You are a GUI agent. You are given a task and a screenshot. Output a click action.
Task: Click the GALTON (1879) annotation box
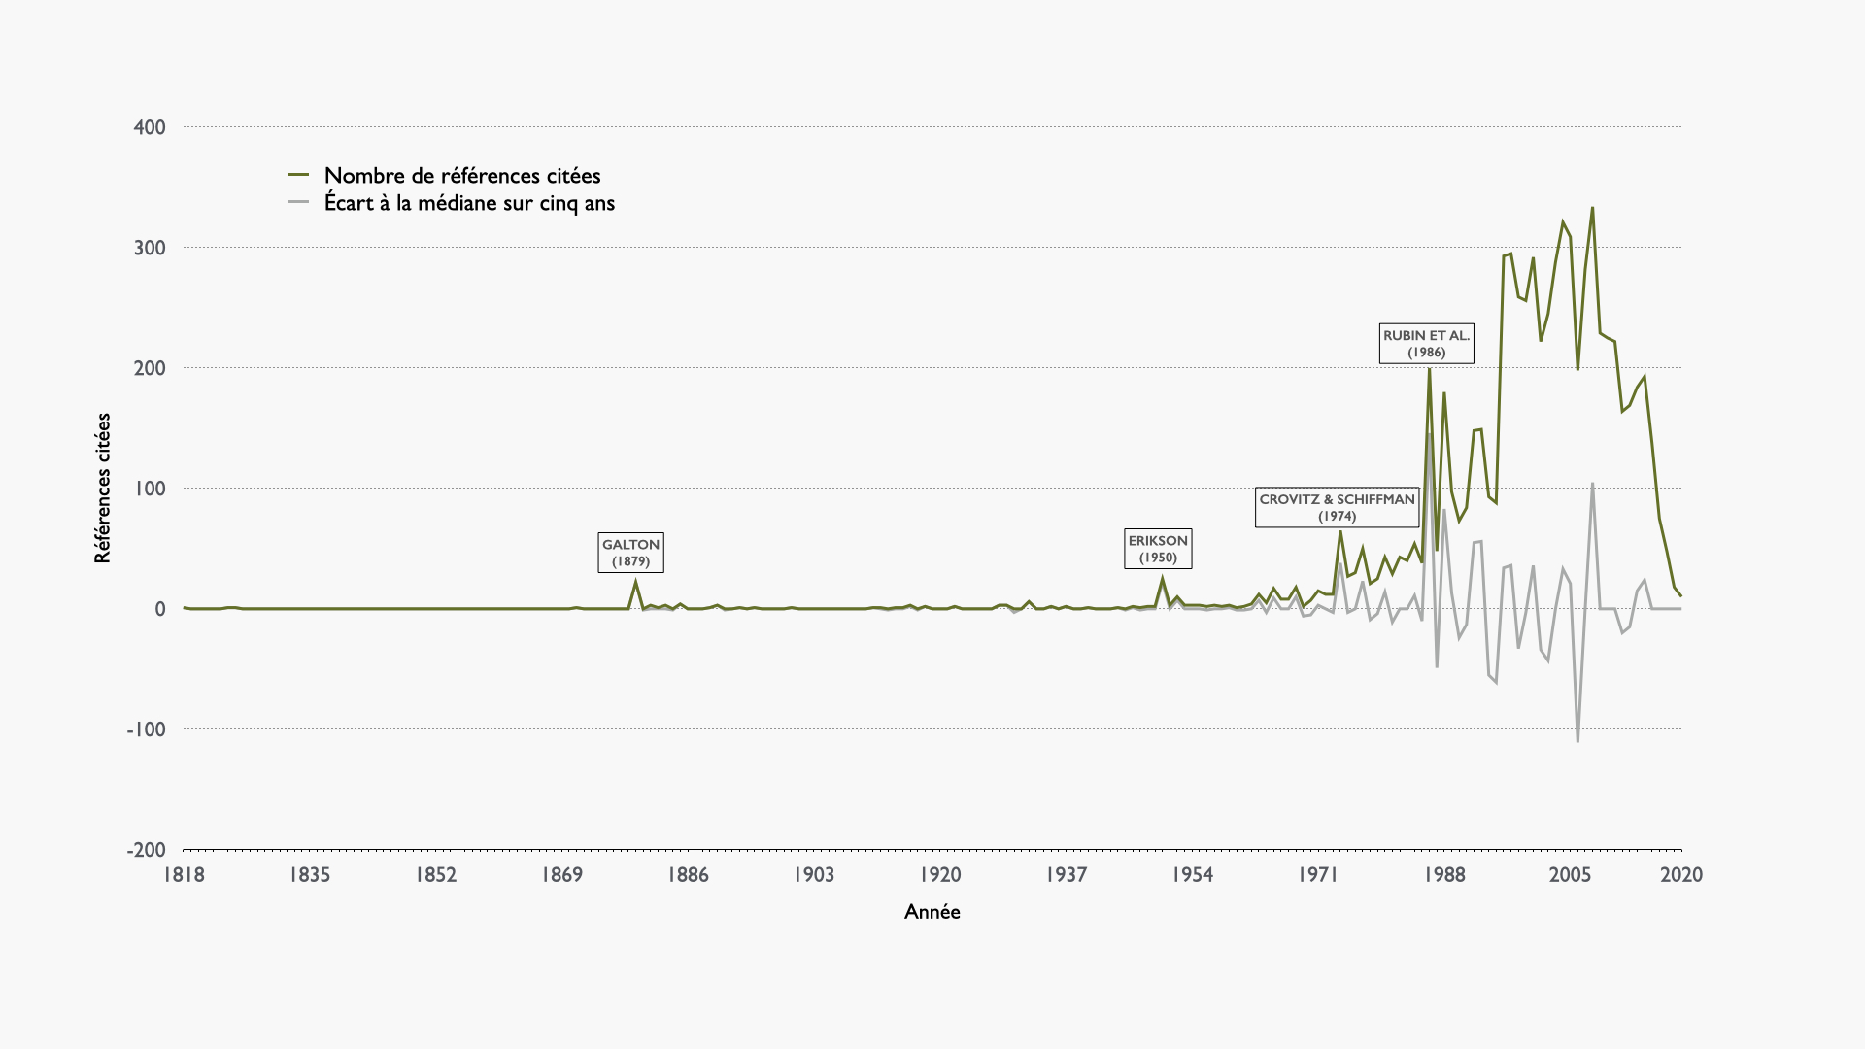[x=630, y=553]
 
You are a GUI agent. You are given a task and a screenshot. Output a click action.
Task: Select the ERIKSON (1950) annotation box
[x=1158, y=549]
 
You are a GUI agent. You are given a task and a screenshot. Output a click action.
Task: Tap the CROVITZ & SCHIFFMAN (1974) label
[x=1337, y=507]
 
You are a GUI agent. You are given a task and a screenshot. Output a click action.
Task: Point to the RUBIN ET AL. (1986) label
[x=1426, y=344]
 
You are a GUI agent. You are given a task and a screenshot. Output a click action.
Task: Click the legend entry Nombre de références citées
[x=462, y=176]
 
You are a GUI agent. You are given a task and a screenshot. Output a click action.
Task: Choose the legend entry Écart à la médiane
[x=469, y=203]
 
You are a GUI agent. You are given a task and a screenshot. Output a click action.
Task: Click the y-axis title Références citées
[x=103, y=488]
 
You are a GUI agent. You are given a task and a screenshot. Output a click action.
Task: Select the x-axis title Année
[x=932, y=912]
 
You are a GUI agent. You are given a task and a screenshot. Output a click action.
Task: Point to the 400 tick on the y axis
[x=150, y=127]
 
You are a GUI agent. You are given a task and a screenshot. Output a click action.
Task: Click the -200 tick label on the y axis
[x=147, y=850]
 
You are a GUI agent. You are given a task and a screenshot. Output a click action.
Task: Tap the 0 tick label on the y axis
[x=160, y=609]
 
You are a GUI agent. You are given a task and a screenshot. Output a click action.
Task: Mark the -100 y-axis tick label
[x=147, y=729]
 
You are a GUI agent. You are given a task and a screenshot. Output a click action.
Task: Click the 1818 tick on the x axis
[x=184, y=875]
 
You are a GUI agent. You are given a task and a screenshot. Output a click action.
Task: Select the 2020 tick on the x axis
[x=1680, y=875]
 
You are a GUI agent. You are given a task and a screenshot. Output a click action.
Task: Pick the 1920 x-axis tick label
[x=939, y=875]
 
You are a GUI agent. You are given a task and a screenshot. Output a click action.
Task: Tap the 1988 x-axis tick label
[x=1444, y=875]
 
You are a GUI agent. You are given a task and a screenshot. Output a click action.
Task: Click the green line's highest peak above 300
[x=1592, y=208]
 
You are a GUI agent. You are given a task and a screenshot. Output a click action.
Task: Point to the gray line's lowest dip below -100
[x=1577, y=741]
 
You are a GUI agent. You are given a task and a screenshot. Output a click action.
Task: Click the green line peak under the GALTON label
[x=636, y=582]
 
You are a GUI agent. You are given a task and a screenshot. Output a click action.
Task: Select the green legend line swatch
[x=298, y=176]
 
